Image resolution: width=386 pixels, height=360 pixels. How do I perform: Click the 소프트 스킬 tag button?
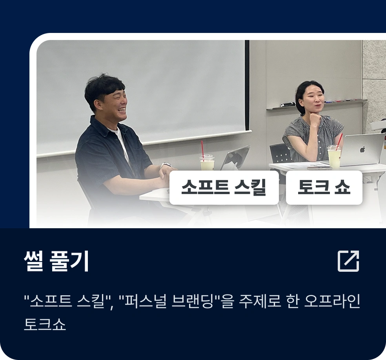224,187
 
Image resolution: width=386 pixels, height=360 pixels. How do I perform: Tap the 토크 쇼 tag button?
324,187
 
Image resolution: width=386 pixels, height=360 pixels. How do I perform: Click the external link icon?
348,261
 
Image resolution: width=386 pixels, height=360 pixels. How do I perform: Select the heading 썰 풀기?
56,261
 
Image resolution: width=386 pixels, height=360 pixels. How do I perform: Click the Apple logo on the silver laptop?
362,149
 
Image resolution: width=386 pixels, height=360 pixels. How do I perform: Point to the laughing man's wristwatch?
166,165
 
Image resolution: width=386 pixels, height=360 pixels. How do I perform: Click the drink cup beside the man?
207,162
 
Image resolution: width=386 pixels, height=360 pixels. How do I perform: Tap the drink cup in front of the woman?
334,157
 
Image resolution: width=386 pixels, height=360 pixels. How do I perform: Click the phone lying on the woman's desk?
319,168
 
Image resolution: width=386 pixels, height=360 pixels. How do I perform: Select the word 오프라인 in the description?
332,301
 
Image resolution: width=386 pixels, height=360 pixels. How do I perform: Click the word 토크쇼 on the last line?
45,324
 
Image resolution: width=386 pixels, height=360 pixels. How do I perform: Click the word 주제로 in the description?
260,301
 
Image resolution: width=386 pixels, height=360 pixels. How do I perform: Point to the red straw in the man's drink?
202,151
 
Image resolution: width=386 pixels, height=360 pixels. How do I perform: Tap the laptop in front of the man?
235,158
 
